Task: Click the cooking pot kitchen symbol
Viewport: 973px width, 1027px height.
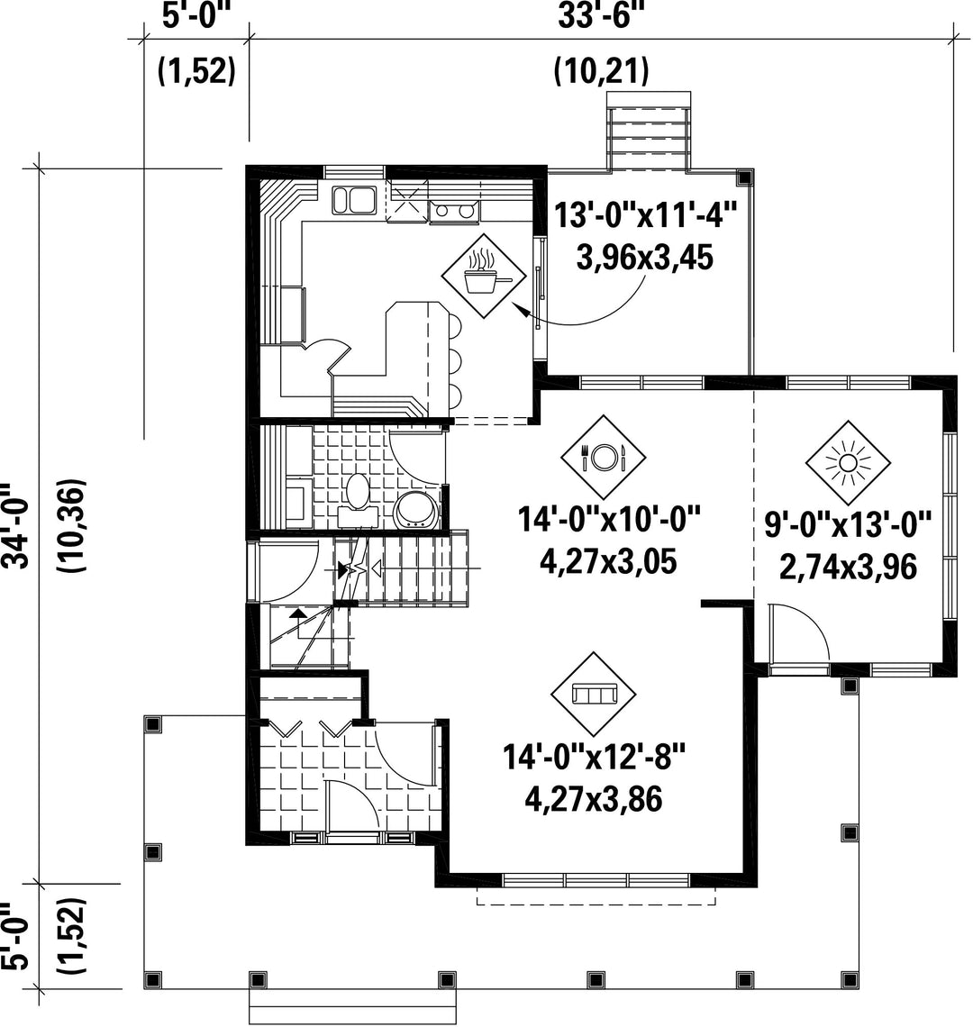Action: [484, 276]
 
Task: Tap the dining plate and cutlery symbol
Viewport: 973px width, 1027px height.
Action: [604, 456]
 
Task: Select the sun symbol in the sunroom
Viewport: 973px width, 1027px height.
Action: [848, 462]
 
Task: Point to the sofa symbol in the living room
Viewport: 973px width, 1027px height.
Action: [593, 694]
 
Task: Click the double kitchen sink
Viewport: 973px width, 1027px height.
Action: [354, 200]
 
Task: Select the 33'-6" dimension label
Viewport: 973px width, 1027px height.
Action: [602, 15]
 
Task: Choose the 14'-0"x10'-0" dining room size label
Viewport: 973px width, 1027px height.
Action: [609, 520]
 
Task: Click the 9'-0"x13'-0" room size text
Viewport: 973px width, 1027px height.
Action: [849, 525]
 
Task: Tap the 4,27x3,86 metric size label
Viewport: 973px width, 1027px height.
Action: [594, 799]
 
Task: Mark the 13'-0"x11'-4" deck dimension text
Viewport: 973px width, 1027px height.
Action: [646, 214]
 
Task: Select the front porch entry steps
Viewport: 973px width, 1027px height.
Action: [352, 1007]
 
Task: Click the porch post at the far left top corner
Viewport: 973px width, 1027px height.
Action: [152, 724]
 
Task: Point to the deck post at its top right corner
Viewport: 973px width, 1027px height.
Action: [745, 177]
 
